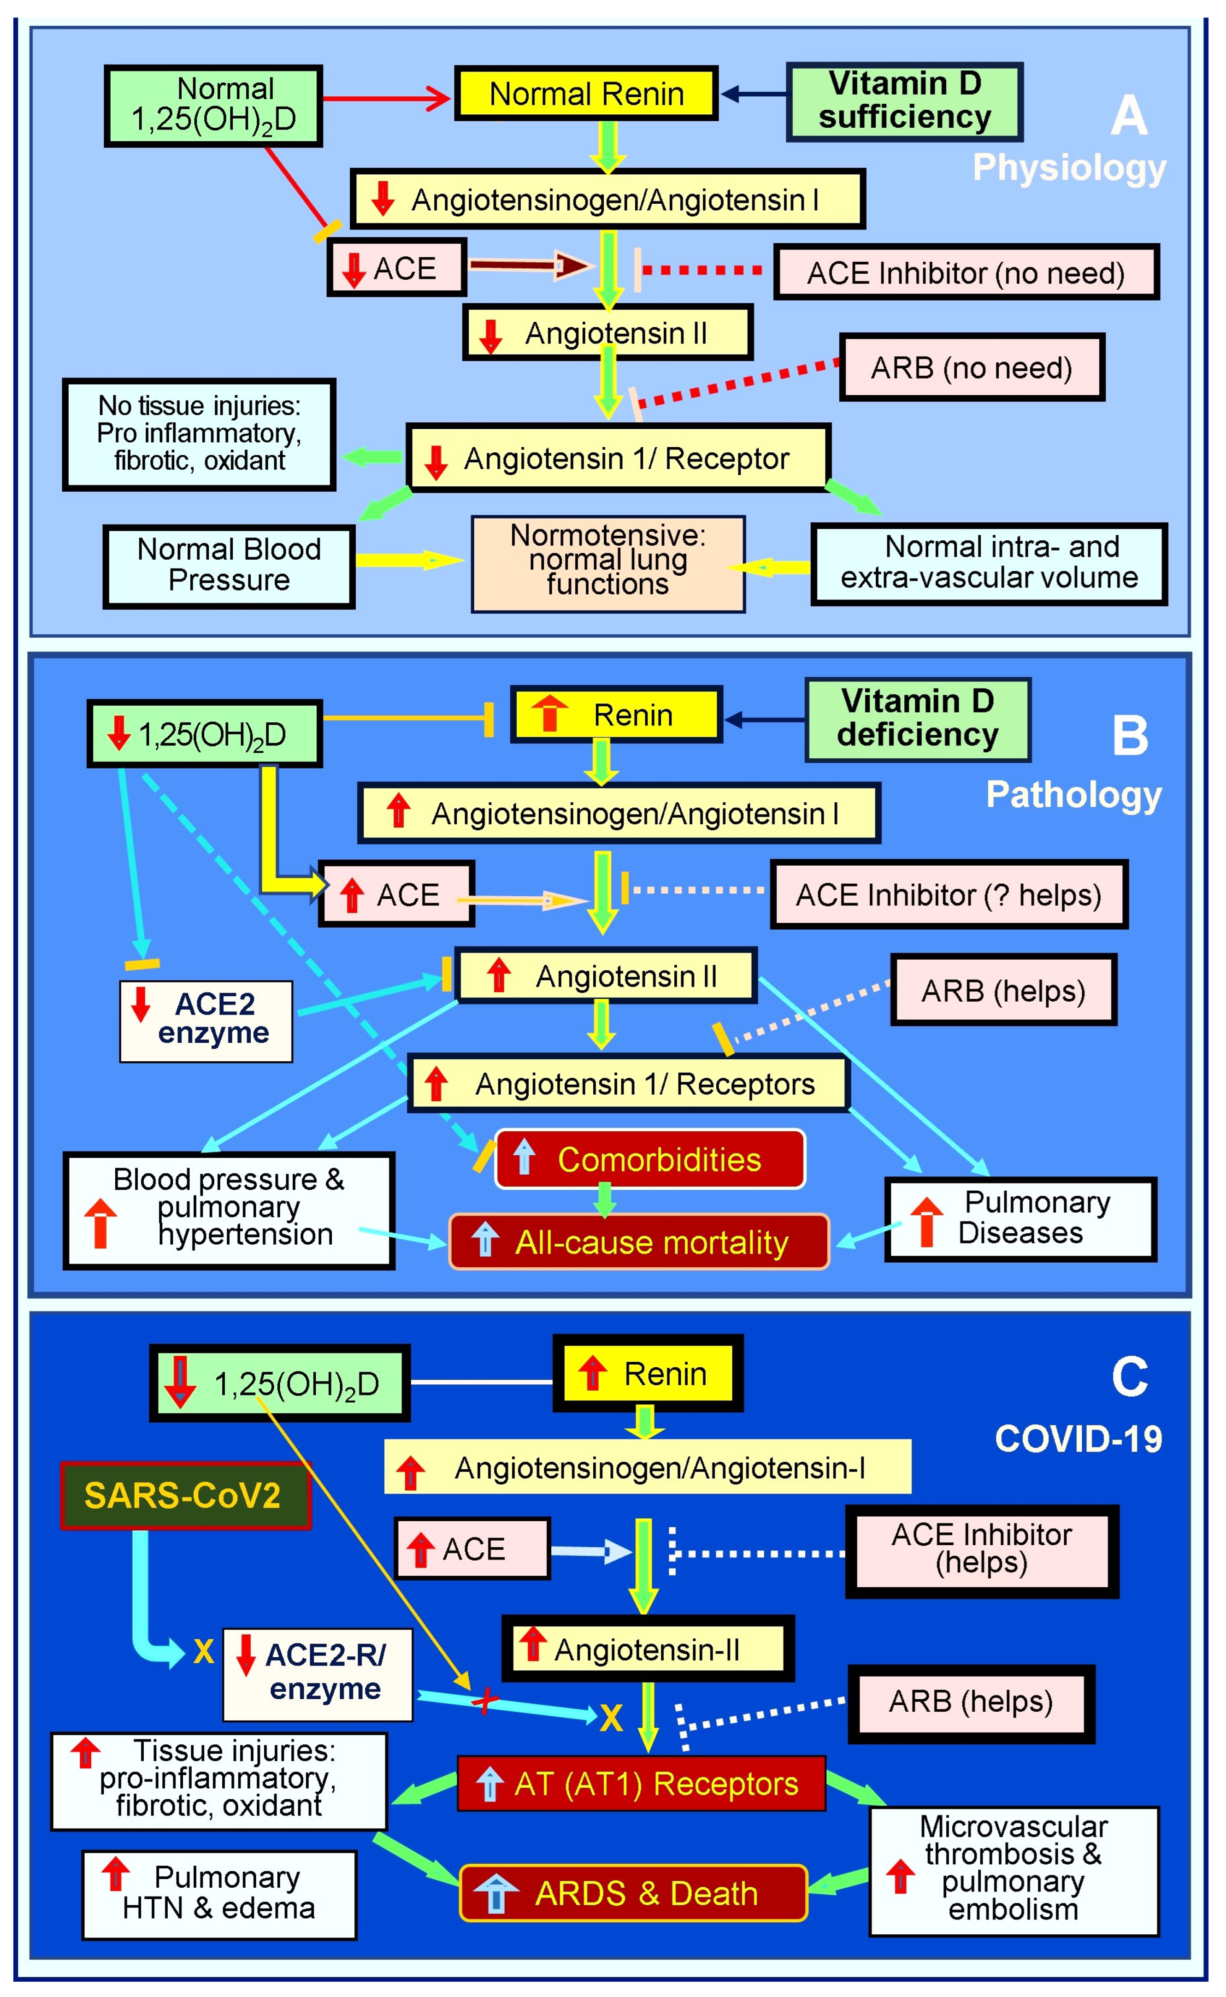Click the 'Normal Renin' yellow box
[x=585, y=94]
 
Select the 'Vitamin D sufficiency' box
[x=904, y=101]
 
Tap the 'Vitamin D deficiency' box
[x=917, y=719]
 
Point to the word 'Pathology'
[x=1073, y=795]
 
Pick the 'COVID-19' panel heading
[x=1079, y=1439]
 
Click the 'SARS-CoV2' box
[x=185, y=1495]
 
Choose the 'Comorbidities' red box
[x=650, y=1159]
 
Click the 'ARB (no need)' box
[x=972, y=368]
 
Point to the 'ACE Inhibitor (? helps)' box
[x=948, y=895]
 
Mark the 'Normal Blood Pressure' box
[x=229, y=565]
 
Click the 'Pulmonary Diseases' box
[x=1021, y=1219]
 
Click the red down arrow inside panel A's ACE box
[x=354, y=270]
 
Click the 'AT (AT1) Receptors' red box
[x=642, y=1784]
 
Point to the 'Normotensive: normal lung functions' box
[x=608, y=563]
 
